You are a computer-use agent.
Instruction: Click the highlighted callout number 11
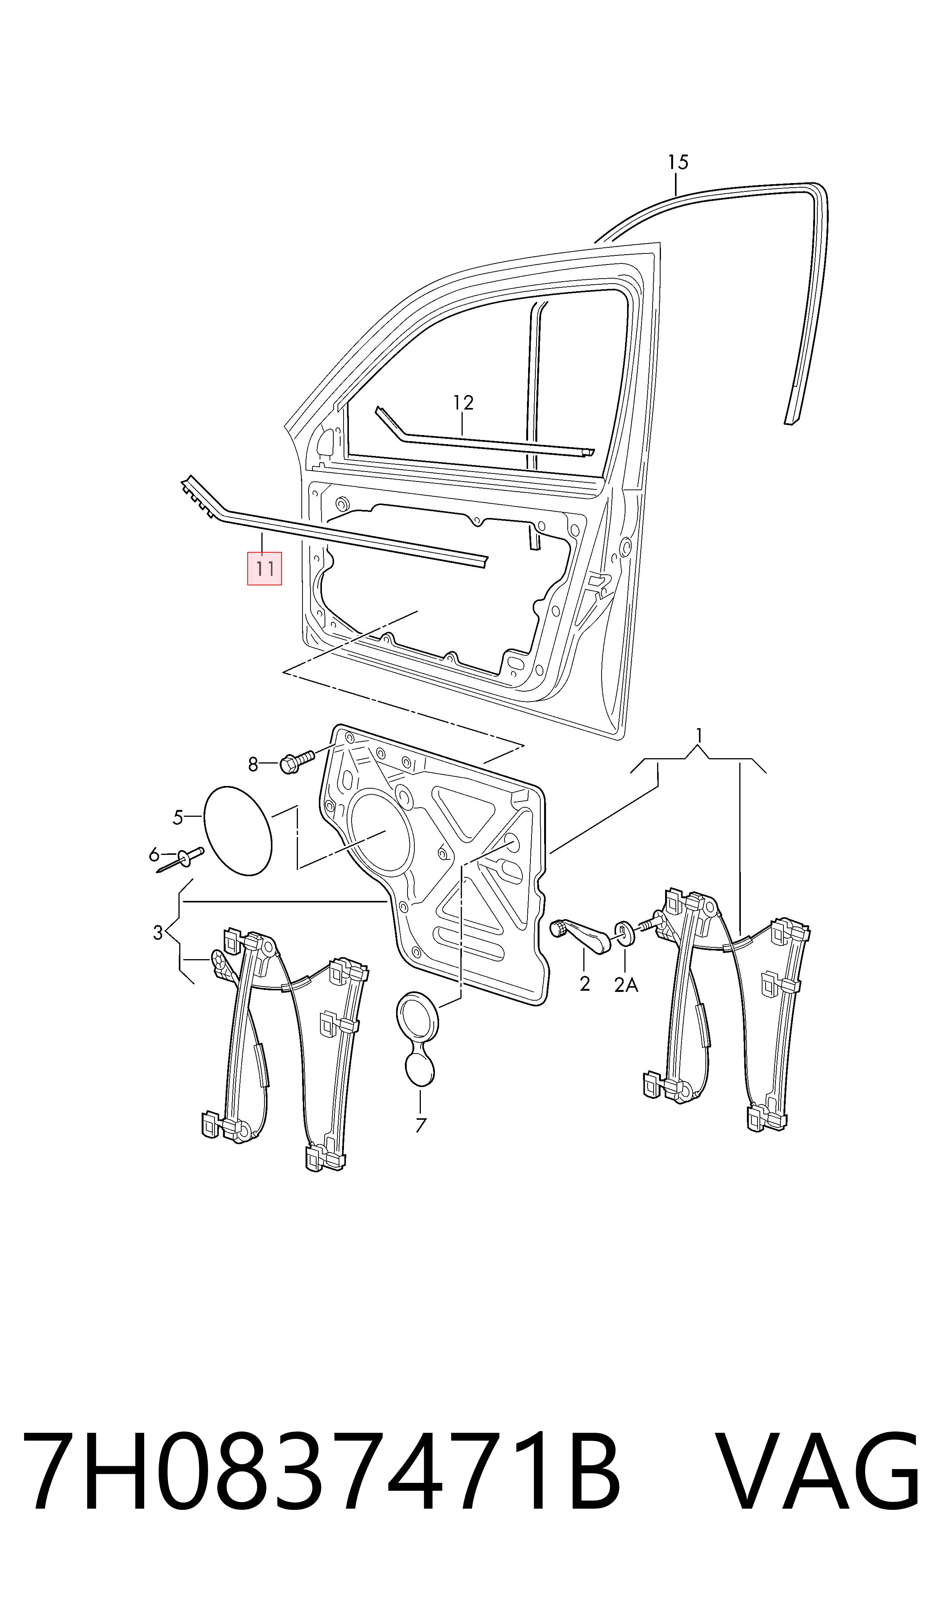click(264, 568)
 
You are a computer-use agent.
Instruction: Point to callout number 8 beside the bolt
click(253, 764)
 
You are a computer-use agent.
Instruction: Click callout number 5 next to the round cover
click(178, 818)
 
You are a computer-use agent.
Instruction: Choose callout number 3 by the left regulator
click(158, 933)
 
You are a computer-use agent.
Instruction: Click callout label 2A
click(626, 985)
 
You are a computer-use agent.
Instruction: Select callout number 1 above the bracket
click(699, 735)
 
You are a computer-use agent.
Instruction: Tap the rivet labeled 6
click(180, 859)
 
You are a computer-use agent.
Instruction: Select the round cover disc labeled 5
click(238, 832)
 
